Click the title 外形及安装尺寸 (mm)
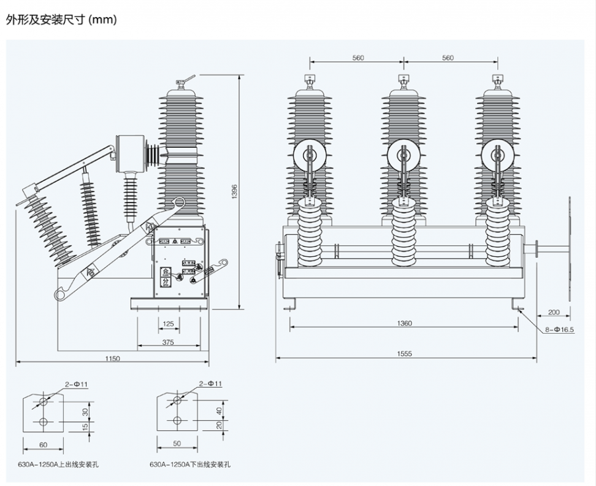point(61,20)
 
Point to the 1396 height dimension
point(233,191)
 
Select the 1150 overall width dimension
point(112,358)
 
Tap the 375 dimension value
point(168,342)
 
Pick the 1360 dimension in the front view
point(404,323)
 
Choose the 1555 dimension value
point(404,353)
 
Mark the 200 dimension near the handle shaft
point(554,312)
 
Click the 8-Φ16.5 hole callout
point(559,329)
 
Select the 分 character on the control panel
point(166,282)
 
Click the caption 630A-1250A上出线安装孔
point(58,465)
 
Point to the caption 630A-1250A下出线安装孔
point(191,465)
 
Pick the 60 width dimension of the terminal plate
point(43,444)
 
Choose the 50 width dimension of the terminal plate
point(177,442)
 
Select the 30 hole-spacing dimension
point(84,411)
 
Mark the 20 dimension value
point(218,425)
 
